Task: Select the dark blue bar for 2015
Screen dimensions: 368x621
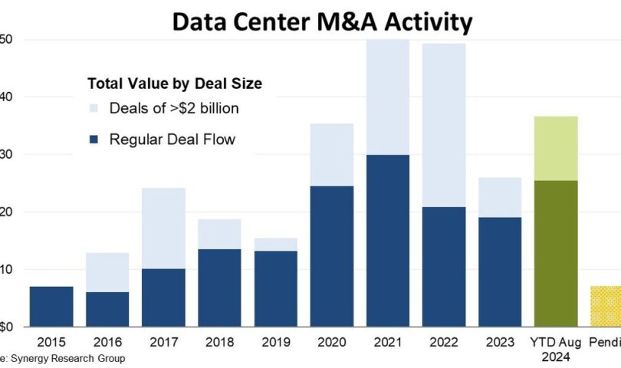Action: tap(51, 306)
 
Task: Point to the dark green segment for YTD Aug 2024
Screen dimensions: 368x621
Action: tap(555, 253)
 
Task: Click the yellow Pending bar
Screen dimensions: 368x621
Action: tap(606, 306)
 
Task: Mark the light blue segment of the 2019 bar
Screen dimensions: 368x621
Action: tap(275, 245)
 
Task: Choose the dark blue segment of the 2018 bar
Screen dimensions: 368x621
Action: tap(219, 287)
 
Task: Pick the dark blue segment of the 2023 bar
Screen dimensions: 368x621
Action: tap(499, 271)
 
